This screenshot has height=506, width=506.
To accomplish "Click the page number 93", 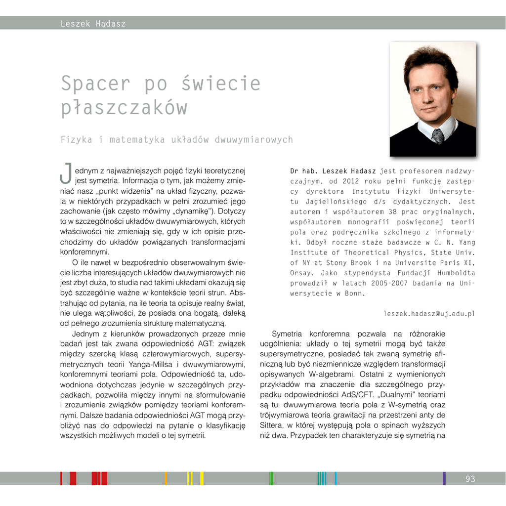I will [470, 479].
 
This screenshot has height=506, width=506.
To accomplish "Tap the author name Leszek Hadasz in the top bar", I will [93, 24].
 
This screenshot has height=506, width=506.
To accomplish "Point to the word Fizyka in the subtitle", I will [77, 140].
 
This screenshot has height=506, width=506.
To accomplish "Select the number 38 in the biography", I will [393, 211].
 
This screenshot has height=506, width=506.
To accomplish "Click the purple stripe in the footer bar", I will [444, 478].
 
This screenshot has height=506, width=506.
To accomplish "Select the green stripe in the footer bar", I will [271, 478].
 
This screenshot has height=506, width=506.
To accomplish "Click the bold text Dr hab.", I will [304, 171].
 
